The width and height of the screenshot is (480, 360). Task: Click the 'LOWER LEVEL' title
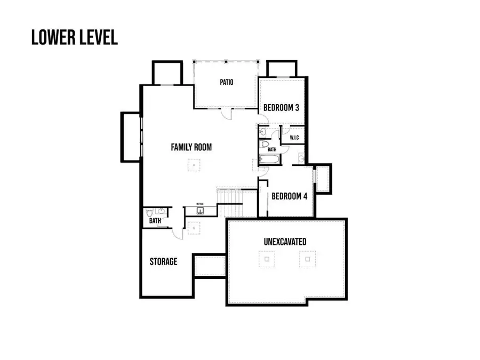tap(74, 37)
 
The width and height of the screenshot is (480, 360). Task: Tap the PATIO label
tap(227, 82)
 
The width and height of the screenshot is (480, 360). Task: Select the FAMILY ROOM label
tap(191, 147)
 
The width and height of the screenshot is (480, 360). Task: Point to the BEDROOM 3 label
tap(281, 108)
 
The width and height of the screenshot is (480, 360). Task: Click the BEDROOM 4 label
tap(289, 196)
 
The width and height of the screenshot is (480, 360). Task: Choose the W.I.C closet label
tap(294, 138)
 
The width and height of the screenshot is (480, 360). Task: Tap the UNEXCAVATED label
tap(285, 242)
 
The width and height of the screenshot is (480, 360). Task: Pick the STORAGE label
tap(163, 262)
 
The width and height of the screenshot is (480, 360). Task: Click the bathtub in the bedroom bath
tap(269, 159)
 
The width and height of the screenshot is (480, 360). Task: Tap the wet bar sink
tap(201, 211)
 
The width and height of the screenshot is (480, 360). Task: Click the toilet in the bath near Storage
tap(150, 212)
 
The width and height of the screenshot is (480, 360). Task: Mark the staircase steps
tap(230, 202)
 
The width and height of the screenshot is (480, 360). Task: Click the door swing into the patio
tap(226, 113)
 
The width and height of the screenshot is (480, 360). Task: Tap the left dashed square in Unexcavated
tap(267, 260)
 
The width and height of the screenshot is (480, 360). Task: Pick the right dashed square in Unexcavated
tap(306, 260)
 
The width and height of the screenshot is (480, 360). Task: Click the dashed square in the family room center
tap(194, 165)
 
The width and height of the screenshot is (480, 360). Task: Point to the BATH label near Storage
tap(155, 220)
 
